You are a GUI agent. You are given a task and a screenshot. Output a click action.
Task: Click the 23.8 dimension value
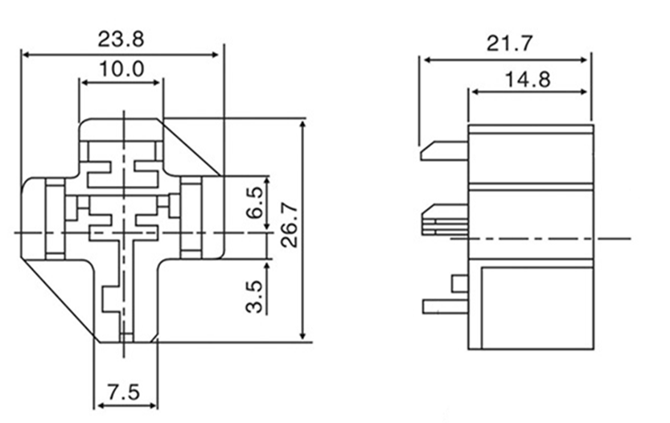pos(121,39)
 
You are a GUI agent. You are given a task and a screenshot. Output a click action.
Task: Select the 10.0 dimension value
pos(121,69)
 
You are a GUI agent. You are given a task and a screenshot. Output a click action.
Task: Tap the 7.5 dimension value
pos(124,392)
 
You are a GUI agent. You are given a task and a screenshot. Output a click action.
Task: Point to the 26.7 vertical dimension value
pos(290,224)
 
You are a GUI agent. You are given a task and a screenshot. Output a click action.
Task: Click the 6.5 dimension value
pos(255,203)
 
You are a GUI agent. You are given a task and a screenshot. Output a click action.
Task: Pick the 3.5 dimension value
pos(254,297)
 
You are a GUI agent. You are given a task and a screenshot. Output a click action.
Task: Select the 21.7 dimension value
pos(510,43)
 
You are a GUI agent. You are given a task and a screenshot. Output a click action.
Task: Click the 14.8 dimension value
pos(528,80)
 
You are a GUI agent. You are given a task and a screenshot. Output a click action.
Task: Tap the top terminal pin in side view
pos(444,151)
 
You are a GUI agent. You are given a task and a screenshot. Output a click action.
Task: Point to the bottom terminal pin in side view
pos(446,306)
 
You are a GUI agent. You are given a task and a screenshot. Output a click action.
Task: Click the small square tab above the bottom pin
pos(460,284)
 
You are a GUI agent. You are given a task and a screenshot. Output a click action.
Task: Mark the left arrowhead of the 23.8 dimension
pos(26,55)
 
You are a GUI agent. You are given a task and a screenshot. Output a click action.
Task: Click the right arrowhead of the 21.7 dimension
pos(584,60)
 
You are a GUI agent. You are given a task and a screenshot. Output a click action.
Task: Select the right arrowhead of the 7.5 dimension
pos(153,405)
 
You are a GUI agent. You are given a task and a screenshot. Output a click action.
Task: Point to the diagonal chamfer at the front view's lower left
pos(60,298)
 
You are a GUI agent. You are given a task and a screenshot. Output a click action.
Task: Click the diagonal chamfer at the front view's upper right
pos(190,146)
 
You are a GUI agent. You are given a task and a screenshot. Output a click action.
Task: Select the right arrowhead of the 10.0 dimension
pos(157,83)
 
